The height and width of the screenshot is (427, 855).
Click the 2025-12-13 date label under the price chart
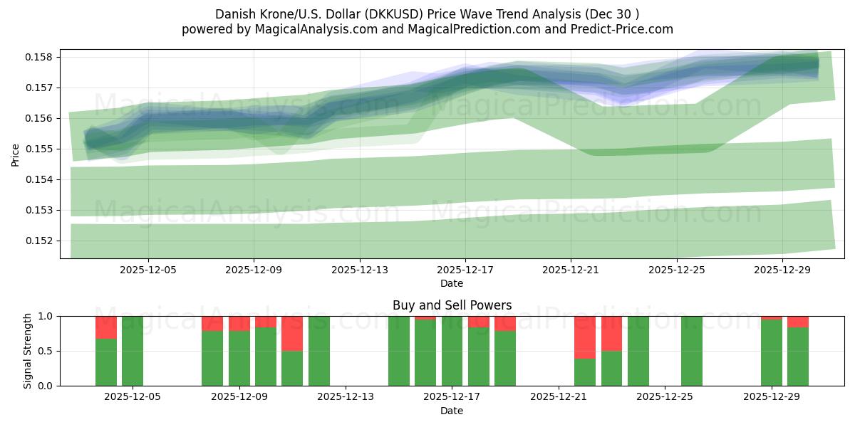click(x=360, y=270)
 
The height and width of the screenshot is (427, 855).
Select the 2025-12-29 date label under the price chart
click(x=782, y=270)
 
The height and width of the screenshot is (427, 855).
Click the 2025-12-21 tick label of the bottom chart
click(x=558, y=397)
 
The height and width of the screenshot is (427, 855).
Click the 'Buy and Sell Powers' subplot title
click(x=452, y=305)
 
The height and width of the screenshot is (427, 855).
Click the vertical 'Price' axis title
click(x=16, y=154)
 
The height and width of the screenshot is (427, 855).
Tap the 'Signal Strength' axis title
click(x=28, y=351)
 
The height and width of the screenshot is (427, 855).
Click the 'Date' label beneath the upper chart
click(x=452, y=283)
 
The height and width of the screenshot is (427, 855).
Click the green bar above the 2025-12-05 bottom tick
click(x=133, y=351)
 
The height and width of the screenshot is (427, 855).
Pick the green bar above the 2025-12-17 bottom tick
click(x=452, y=351)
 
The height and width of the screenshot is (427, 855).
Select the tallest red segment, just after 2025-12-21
click(x=585, y=337)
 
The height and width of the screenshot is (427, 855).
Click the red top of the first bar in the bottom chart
click(x=106, y=327)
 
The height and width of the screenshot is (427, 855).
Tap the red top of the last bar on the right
click(x=798, y=322)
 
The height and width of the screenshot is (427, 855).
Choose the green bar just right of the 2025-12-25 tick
click(x=692, y=351)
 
